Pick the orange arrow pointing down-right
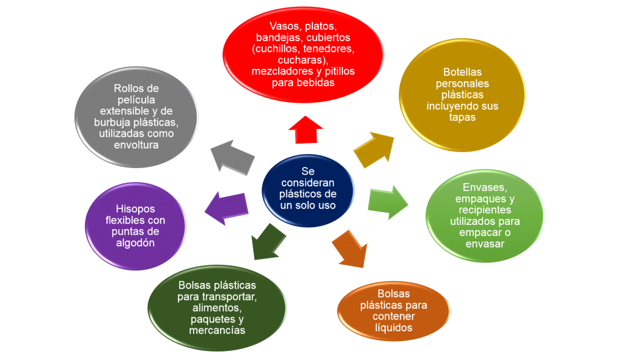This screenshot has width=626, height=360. click(350, 248)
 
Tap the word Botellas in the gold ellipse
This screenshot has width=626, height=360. click(462, 72)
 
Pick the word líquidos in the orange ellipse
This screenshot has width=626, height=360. click(393, 328)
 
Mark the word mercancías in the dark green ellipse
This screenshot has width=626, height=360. click(218, 331)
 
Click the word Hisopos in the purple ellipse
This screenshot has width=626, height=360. click(135, 208)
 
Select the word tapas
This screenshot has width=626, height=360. click(462, 117)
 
